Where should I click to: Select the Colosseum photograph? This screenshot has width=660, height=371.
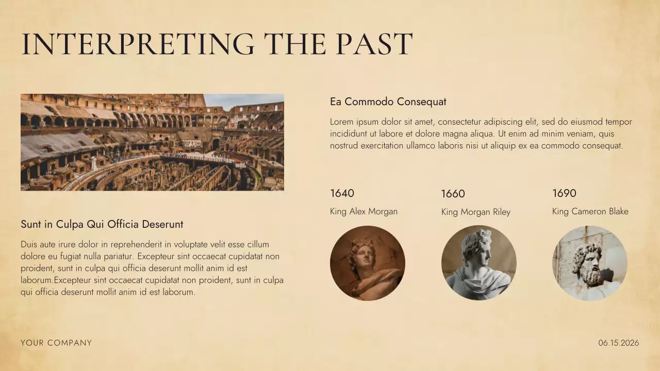point(152,142)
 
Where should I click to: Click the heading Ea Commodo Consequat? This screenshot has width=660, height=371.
point(388,102)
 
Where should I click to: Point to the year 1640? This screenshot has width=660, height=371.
point(342,193)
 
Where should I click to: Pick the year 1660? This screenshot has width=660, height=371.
point(453,194)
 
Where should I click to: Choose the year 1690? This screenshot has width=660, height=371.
point(564,193)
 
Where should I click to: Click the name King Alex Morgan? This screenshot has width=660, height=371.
point(364,211)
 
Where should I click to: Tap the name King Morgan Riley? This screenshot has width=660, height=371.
point(475,212)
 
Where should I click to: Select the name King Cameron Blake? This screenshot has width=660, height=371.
point(590,211)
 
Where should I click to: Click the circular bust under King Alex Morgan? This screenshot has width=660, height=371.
point(368,263)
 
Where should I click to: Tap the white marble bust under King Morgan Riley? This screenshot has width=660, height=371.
point(478,263)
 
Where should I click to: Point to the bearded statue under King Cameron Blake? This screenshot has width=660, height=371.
point(590,263)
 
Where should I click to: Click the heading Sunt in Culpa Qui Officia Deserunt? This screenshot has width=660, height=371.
point(102,224)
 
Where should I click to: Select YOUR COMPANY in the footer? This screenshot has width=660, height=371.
point(56,343)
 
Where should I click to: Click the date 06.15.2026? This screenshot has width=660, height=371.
point(618,343)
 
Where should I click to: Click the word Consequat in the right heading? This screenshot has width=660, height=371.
point(422,102)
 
